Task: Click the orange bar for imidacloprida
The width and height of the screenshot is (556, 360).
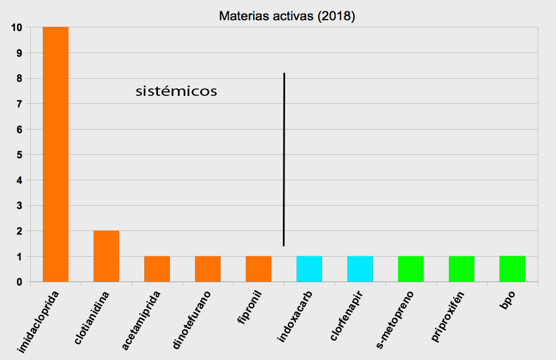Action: coord(55,154)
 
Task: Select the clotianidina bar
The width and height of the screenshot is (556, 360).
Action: coord(106,256)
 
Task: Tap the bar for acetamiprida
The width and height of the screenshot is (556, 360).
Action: coord(157,269)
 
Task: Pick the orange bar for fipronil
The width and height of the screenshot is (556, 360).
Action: coord(258,269)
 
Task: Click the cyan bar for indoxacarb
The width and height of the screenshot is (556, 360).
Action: coord(309,269)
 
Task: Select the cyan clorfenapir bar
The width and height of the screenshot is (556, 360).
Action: coord(360,269)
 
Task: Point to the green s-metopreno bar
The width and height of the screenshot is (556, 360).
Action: coord(411,269)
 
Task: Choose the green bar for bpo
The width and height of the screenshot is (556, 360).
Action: coord(512,269)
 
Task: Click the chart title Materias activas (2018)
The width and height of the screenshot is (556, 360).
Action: coord(287,16)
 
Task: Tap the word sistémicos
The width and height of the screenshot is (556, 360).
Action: coord(176,91)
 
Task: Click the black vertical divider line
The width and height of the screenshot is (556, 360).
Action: coord(284,160)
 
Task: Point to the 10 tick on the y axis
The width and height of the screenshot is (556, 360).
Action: coord(16,27)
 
